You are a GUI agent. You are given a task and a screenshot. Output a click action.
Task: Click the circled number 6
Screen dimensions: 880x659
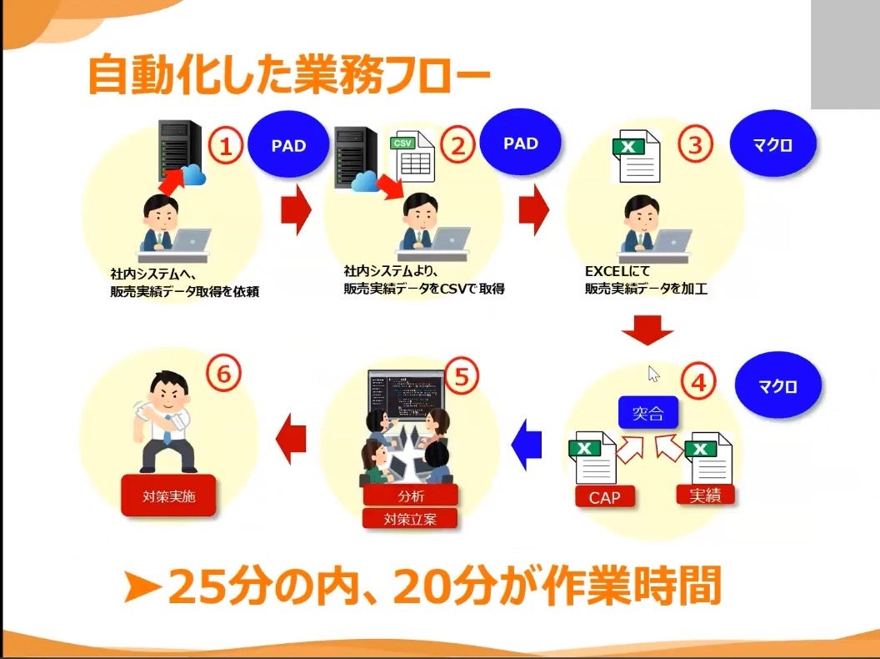click(x=223, y=374)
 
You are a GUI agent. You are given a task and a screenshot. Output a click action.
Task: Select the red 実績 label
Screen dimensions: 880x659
click(x=706, y=493)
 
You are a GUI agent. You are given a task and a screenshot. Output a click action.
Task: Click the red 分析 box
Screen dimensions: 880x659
click(x=411, y=495)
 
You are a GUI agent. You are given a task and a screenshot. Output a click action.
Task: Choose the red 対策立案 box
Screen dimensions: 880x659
click(x=411, y=517)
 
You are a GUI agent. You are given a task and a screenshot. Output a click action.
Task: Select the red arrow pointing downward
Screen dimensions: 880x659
click(x=647, y=330)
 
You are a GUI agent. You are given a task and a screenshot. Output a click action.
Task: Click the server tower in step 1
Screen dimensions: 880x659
click(x=179, y=150)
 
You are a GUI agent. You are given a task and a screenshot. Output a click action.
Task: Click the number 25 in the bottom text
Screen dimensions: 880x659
click(x=200, y=588)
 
